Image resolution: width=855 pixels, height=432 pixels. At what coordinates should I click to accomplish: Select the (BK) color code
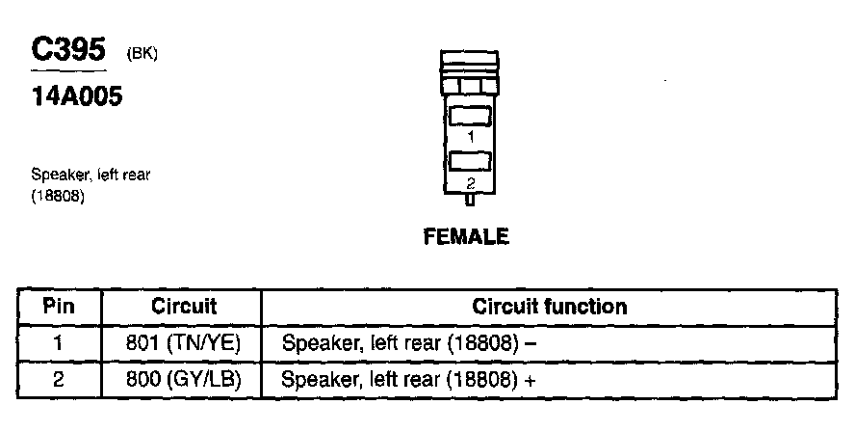click(x=142, y=55)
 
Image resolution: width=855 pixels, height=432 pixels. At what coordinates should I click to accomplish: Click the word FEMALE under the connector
click(x=466, y=236)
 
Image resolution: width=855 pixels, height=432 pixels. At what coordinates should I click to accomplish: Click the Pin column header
click(x=59, y=308)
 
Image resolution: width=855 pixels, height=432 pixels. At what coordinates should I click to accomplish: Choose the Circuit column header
click(x=184, y=308)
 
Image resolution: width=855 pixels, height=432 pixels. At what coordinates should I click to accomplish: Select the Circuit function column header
click(x=550, y=308)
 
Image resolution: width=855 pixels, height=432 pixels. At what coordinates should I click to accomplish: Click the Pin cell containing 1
click(x=59, y=342)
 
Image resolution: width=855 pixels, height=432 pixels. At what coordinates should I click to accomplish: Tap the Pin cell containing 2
click(x=59, y=379)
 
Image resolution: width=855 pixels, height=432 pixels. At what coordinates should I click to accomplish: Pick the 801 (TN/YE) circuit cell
click(x=183, y=342)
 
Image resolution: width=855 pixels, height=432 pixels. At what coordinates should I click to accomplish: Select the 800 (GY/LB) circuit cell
click(x=183, y=379)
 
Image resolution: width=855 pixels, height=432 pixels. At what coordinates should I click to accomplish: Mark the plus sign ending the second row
click(x=529, y=379)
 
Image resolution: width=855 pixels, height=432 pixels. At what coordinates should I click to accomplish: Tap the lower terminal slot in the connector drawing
click(x=470, y=160)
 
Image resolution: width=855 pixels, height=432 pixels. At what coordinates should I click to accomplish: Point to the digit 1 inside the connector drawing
click(x=470, y=138)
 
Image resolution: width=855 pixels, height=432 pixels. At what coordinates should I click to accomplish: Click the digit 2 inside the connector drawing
click(x=470, y=182)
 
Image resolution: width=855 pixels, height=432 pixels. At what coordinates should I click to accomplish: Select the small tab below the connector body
click(x=470, y=201)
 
